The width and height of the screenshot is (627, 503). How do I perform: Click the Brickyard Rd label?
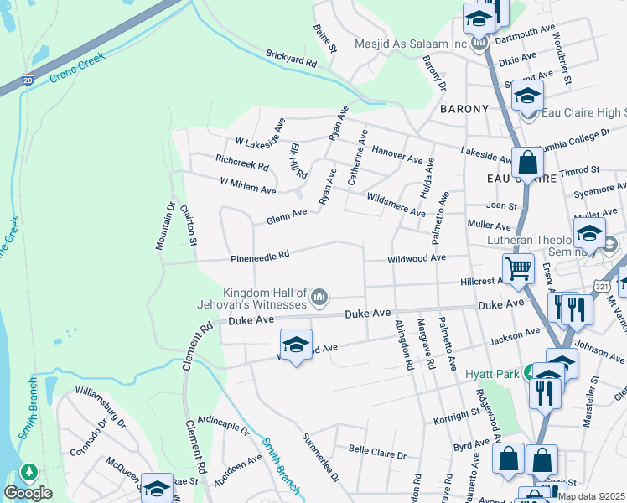click(291, 62)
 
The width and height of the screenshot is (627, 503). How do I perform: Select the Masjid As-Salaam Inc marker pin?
click(479, 43)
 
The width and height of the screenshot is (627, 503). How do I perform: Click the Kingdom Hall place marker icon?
click(319, 297)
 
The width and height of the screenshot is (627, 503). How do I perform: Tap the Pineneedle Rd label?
click(260, 254)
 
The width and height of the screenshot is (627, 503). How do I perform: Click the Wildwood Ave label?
click(416, 259)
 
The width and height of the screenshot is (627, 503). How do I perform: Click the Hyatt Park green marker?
click(529, 371)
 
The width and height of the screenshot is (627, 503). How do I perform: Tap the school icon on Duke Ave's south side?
click(295, 345)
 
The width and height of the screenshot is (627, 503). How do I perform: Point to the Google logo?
click(28, 493)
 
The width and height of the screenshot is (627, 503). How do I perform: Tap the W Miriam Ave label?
click(247, 186)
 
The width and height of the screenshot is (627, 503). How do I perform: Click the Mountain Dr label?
click(164, 226)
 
